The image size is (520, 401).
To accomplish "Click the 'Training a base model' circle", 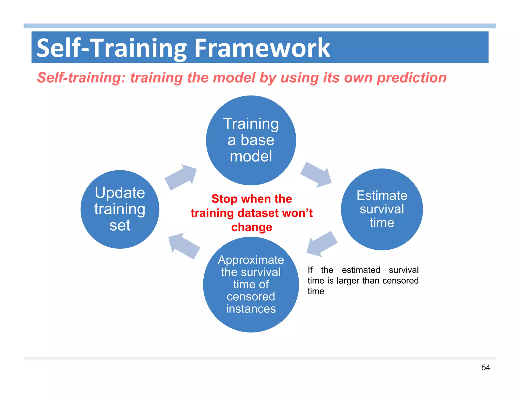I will tap(251, 140).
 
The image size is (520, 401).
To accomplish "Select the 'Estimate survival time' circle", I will tap(382, 209).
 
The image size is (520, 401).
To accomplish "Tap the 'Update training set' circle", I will tap(120, 209).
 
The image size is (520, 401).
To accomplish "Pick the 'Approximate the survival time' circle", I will tap(251, 284).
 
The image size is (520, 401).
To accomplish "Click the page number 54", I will tap(485, 367).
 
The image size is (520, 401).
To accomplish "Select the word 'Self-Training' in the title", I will tap(112, 48).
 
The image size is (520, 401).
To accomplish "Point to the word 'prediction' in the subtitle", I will tap(411, 78).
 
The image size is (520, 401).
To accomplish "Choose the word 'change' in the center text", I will tap(252, 227).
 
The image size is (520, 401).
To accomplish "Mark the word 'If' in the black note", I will tap(310, 270).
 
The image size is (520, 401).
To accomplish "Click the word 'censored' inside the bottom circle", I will tap(251, 297).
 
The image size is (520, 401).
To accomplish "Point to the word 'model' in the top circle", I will tap(251, 156).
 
